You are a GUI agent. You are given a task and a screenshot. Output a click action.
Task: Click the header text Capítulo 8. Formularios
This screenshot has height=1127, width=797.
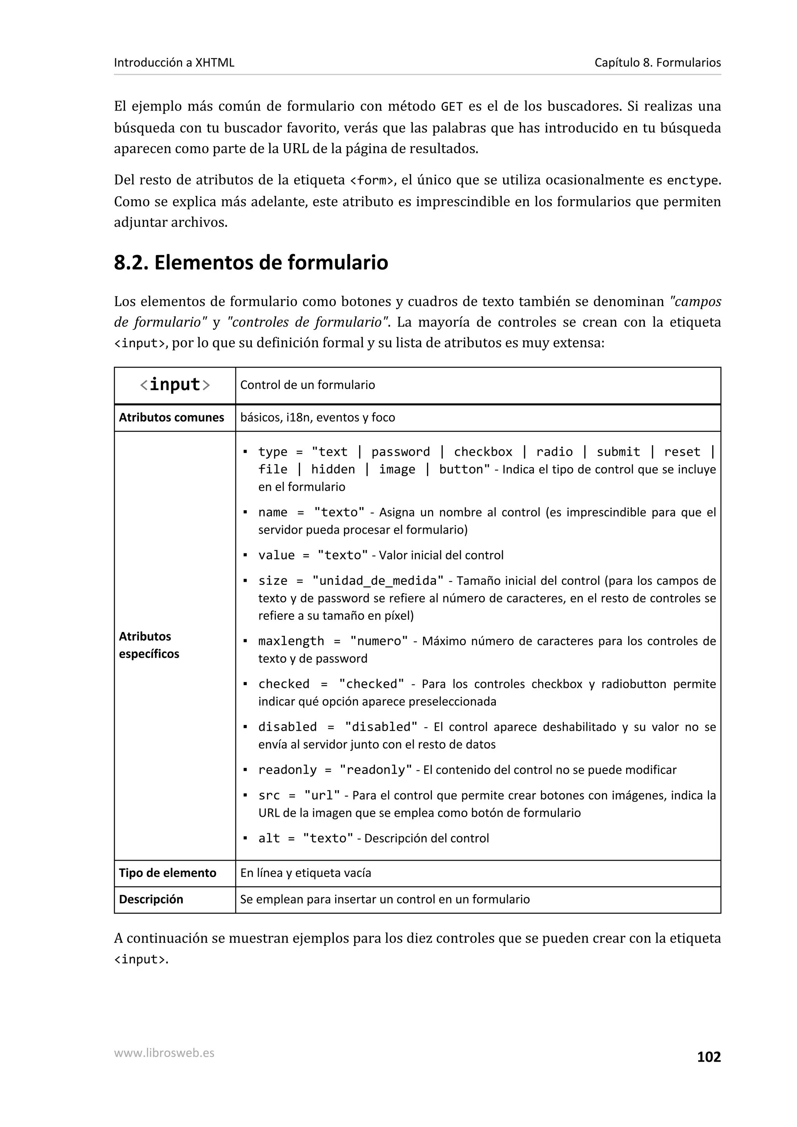coord(657,62)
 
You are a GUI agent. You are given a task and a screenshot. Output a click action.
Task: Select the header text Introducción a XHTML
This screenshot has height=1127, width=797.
coord(174,62)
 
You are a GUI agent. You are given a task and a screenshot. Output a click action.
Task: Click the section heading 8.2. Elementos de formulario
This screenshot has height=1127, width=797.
coord(251,262)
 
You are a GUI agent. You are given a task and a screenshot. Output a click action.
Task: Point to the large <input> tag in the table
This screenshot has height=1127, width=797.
coord(175,384)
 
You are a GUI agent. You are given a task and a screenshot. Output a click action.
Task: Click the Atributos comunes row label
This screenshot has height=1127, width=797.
coord(171,417)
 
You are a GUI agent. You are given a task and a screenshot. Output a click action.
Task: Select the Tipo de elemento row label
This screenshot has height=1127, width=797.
coord(167,873)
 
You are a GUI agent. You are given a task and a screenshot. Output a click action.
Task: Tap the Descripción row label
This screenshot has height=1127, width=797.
coord(151,899)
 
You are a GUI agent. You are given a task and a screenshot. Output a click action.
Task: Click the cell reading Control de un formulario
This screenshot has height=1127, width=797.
coord(307,385)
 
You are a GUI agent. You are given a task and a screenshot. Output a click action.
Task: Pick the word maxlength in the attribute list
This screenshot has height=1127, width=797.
coord(291,641)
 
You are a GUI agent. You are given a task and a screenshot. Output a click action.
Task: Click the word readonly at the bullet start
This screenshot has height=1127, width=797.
coord(287,770)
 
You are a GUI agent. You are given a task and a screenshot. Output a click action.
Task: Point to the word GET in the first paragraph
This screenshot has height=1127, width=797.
coord(452,107)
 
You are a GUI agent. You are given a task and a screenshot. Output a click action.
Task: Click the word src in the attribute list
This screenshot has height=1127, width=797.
coord(269,795)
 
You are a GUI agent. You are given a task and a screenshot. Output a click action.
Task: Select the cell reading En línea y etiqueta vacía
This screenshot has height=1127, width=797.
coord(305,873)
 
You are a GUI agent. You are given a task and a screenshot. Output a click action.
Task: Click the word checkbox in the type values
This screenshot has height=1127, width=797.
coord(483,451)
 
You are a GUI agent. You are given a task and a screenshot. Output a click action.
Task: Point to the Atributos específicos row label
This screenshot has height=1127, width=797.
coord(149,645)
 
